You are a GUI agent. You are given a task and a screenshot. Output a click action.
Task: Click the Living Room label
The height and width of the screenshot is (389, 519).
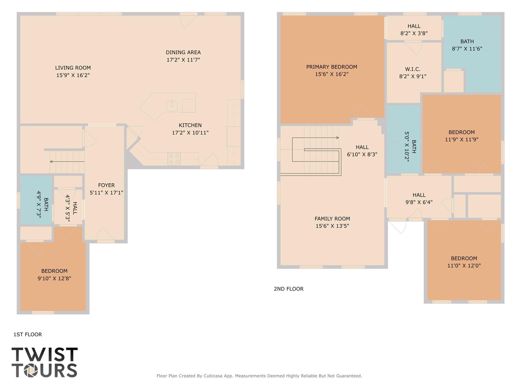73,68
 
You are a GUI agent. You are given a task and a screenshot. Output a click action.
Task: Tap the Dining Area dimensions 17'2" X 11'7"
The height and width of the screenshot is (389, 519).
183,60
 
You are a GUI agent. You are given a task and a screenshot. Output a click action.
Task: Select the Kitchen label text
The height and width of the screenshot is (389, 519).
190,125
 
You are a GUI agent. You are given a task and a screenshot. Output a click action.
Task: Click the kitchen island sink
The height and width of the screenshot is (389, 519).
172,106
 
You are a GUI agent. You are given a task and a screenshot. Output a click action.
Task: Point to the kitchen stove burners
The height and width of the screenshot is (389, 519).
174,159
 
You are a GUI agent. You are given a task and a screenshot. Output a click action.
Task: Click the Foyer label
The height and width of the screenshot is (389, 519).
106,185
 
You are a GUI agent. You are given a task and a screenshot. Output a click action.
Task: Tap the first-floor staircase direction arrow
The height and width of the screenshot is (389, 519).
67,161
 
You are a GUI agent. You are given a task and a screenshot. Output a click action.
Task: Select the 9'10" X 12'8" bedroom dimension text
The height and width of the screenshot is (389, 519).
54,278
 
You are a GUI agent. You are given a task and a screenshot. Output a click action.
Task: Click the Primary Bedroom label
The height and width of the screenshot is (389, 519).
332,67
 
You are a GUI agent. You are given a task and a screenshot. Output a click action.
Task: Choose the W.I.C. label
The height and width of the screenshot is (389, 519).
413,69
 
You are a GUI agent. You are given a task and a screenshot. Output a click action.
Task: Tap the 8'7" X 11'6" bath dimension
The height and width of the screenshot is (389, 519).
467,49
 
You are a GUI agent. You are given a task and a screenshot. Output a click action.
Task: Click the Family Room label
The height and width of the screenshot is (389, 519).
332,219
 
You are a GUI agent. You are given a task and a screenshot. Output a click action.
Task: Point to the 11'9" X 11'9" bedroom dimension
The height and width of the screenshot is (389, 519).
462,139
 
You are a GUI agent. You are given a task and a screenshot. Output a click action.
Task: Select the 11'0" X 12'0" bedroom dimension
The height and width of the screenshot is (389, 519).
464,266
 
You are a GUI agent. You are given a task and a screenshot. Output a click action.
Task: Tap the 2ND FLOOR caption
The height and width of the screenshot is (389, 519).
289,289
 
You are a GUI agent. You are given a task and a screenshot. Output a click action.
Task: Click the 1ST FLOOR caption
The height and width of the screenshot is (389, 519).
28,335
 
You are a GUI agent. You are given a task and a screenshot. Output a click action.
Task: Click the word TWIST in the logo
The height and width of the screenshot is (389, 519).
45,355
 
